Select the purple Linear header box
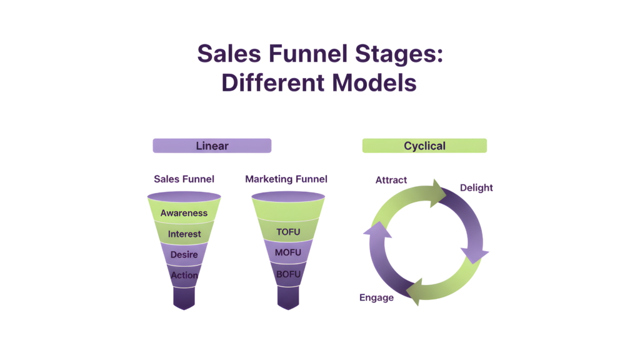(x=212, y=146)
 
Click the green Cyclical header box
(x=424, y=146)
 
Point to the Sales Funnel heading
(x=184, y=179)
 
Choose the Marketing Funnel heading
(x=286, y=179)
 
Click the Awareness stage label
(x=184, y=212)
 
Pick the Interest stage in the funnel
(x=184, y=234)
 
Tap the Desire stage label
(x=184, y=254)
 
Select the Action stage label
(x=184, y=275)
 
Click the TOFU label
(x=288, y=232)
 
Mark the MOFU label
(x=288, y=252)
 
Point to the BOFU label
(x=288, y=273)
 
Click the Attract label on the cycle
(x=391, y=180)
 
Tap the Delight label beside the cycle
(x=476, y=187)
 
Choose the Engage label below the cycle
(x=376, y=297)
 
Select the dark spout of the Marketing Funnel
(x=288, y=298)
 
